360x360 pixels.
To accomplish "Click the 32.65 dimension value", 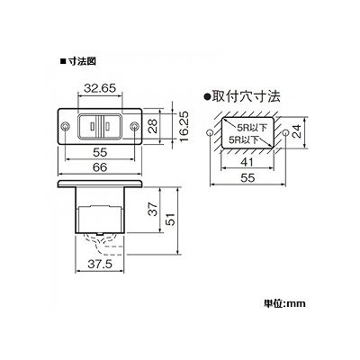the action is tap(100, 88).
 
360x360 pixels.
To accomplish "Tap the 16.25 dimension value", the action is tap(184, 126).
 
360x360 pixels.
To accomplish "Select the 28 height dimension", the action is tap(153, 126).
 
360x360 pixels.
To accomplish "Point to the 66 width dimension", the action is tap(100, 167).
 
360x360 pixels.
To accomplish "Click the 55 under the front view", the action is tap(100, 152).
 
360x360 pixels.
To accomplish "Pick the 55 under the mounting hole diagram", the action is tap(247, 178).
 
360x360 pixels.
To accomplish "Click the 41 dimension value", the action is tap(247, 162).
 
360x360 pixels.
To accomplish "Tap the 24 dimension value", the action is tap(297, 131).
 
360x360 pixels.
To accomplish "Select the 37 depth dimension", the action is tap(153, 209).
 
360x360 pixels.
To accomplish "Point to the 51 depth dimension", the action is tap(170, 220).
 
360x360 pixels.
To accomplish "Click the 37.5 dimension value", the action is tap(100, 264).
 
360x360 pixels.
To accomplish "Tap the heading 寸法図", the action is tap(82, 62).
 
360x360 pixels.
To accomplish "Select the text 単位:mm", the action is tap(284, 303).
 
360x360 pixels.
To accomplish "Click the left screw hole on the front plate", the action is tap(65, 127).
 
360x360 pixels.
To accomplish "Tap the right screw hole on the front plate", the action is tap(135, 127).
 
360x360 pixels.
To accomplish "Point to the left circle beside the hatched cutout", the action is tap(210, 132).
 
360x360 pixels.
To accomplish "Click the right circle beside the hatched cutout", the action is tap(285, 132).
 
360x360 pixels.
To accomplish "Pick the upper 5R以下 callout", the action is tap(252, 128).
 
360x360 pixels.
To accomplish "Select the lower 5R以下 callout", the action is tap(243, 139).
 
